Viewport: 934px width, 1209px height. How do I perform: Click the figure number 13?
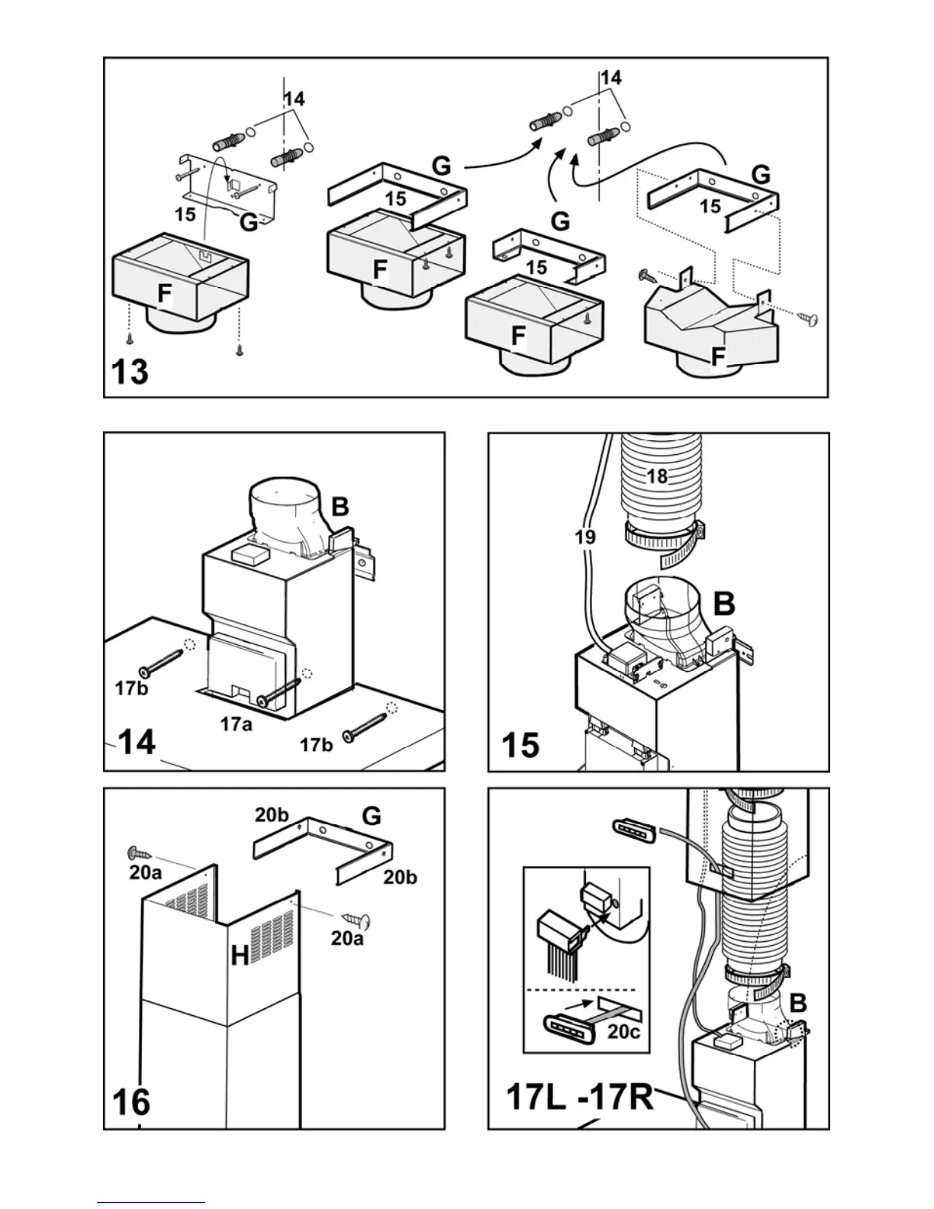coord(130,372)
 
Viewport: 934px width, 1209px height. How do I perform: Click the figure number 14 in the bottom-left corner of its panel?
coord(137,740)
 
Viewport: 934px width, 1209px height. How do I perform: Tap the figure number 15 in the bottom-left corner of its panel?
coord(520,744)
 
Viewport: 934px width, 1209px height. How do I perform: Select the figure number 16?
coord(131,1101)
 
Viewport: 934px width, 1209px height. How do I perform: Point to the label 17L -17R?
coord(580,1098)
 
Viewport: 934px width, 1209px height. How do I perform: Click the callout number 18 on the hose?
coord(657,476)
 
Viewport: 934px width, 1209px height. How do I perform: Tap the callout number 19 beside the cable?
coord(585,537)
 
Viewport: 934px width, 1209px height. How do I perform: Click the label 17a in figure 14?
coord(236,724)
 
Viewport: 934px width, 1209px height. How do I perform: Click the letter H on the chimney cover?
coord(240,953)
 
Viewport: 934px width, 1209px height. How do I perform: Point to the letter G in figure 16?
coord(372,816)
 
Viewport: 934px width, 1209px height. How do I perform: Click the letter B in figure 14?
coord(340,506)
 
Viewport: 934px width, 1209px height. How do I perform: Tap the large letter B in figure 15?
coord(723,604)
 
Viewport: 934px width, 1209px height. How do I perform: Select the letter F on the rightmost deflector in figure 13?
coord(717,356)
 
